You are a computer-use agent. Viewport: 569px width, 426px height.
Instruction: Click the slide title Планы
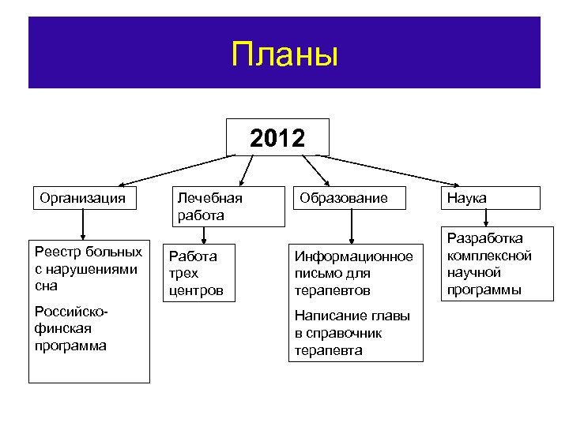[x=284, y=55]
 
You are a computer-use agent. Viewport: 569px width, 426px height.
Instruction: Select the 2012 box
[x=277, y=138]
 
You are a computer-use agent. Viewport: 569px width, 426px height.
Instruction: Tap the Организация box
[x=83, y=198]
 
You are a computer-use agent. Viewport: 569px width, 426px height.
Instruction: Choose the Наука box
[x=491, y=198]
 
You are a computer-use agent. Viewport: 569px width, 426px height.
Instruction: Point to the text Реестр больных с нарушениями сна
[x=89, y=268]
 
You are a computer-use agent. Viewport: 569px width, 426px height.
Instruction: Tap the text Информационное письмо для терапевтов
[x=353, y=273]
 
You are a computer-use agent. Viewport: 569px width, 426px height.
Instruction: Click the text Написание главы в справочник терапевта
[x=352, y=333]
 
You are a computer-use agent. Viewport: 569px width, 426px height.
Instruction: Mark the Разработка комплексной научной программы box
[x=490, y=264]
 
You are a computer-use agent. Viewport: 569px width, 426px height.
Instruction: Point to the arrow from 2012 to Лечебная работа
[x=249, y=170]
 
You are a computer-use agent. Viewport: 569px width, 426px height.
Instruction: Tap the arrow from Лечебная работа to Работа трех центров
[x=204, y=234]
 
